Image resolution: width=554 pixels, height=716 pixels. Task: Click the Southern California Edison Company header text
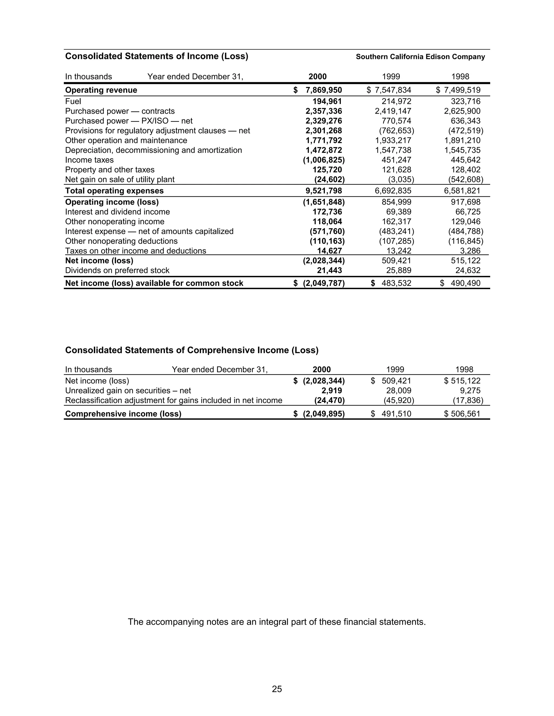[x=420, y=57]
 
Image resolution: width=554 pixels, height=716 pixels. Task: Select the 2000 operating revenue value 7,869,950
[x=324, y=90]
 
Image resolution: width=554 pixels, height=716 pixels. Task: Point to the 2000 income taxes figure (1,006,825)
[x=324, y=160]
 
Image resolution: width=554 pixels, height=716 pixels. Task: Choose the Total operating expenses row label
[x=114, y=191]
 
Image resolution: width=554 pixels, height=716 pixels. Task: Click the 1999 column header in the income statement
[x=391, y=77]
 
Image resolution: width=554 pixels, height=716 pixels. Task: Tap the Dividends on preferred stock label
[x=117, y=270]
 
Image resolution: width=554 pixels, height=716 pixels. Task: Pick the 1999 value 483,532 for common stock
[x=396, y=283]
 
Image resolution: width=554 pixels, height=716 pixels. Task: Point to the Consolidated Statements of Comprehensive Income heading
[x=192, y=350]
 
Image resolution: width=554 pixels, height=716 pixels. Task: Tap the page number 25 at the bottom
[x=277, y=689]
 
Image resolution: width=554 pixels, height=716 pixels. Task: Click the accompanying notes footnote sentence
[x=277, y=622]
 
